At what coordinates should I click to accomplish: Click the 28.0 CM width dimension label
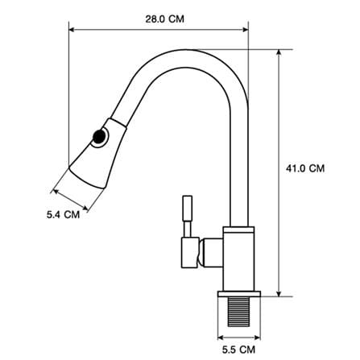164,19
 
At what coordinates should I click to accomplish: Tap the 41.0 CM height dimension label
305,168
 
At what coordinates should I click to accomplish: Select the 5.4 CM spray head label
63,215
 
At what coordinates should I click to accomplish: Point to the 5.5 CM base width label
238,350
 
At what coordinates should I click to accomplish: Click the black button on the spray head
99,137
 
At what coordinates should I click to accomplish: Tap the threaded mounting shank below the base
238,312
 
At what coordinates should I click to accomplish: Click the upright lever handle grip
188,209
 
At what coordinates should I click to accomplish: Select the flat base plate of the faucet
239,294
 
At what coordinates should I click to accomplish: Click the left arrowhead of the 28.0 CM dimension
72,30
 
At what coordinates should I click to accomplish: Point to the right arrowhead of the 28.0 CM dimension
246,30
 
